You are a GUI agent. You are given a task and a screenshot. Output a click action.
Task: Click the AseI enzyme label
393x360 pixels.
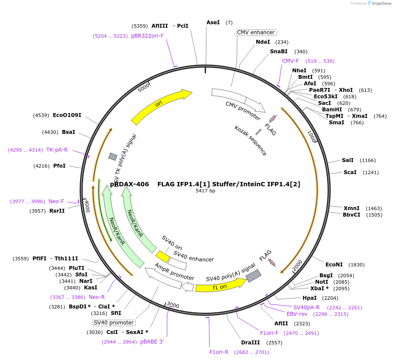point(213,22)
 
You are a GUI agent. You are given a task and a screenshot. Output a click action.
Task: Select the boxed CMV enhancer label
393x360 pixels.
point(256,32)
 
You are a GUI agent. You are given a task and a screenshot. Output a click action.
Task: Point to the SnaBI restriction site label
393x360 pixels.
point(279,52)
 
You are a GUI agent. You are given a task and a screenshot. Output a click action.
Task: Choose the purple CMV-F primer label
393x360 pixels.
point(290,61)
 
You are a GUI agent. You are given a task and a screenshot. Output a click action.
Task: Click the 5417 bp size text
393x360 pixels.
point(205,191)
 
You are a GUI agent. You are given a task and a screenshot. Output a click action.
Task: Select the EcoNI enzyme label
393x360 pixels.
point(334,265)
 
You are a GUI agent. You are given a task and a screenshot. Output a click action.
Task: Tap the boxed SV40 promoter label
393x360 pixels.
point(114,323)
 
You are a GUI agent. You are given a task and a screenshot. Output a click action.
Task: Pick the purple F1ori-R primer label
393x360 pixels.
point(219,352)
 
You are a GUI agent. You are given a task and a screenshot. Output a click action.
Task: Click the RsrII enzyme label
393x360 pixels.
point(57,211)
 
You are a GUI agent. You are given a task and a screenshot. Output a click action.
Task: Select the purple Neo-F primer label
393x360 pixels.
point(56,201)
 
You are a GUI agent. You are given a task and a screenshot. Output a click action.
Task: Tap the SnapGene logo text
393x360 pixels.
point(381,3)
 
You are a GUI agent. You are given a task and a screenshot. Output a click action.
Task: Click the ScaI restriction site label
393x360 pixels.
point(350,172)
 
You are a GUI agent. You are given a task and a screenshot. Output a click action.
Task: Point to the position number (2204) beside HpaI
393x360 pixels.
point(330,298)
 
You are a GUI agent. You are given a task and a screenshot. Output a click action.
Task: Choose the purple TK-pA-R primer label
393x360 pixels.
point(57,150)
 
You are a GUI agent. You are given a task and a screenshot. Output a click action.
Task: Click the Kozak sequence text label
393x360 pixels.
point(251,141)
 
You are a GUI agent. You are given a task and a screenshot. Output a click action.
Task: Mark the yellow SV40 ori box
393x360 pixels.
point(163,256)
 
